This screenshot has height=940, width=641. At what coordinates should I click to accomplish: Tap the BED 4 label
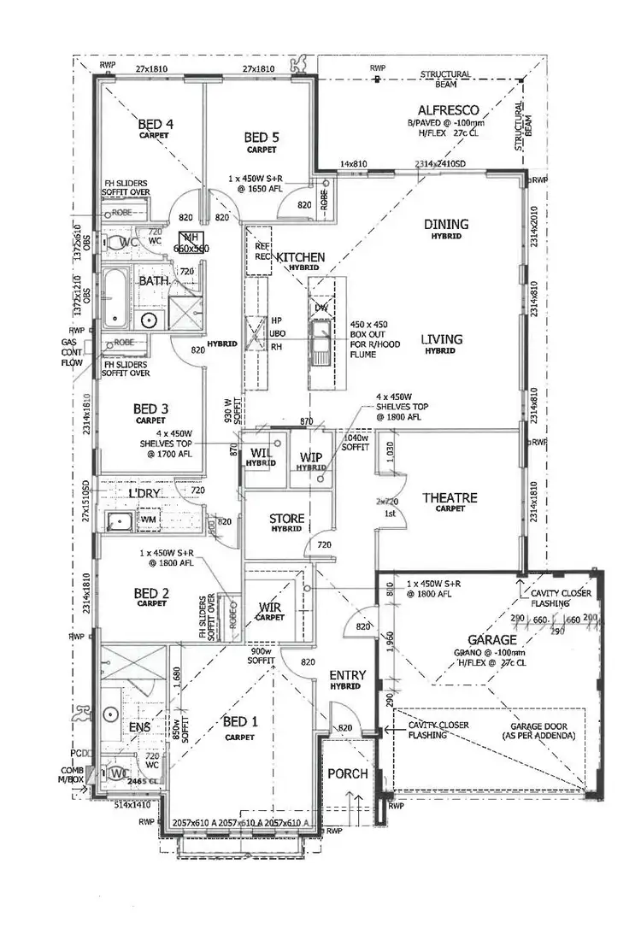(156, 125)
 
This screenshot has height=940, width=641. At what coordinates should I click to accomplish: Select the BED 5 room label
(262, 137)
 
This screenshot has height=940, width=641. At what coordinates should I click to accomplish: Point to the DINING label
(447, 224)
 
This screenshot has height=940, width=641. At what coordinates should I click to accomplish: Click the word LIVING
(441, 339)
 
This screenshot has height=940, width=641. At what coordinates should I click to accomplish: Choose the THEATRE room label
(450, 497)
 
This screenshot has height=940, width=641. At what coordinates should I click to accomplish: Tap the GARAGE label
(491, 639)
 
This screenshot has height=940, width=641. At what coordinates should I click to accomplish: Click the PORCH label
(348, 773)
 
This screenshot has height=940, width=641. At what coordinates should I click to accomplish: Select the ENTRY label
(348, 676)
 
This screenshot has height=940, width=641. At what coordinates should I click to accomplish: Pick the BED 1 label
(240, 721)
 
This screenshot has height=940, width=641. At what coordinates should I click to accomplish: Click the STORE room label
(287, 519)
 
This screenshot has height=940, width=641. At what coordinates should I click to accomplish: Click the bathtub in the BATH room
(115, 299)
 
